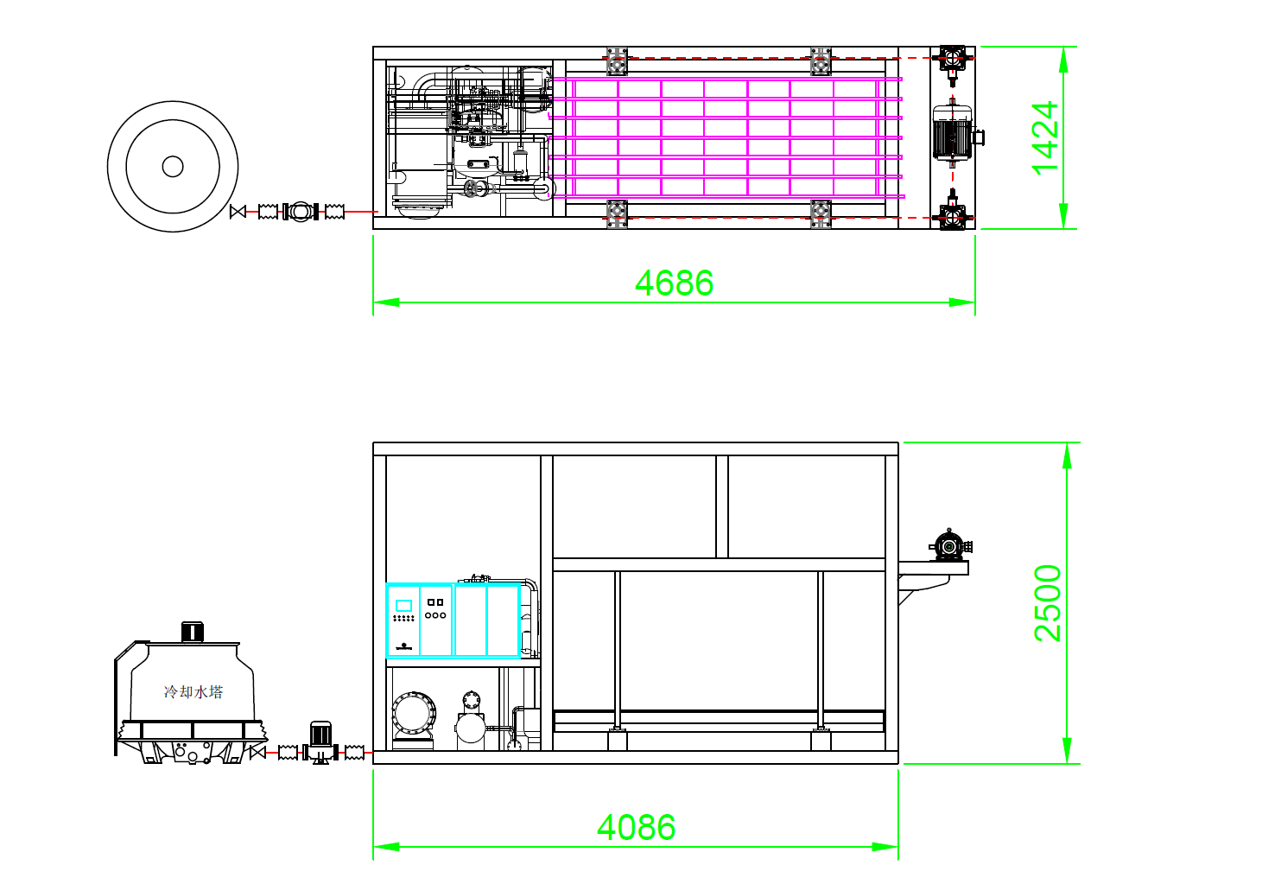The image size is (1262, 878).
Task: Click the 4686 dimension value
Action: click(674, 283)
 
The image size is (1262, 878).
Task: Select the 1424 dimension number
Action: click(1045, 138)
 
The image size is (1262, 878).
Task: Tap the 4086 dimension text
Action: click(636, 827)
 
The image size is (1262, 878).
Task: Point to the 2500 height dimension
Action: click(1047, 602)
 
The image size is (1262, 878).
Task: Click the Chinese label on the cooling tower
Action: click(193, 691)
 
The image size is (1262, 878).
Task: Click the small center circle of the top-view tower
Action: click(173, 166)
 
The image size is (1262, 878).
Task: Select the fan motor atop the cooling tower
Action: click(192, 631)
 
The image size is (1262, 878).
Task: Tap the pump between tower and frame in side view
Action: click(320, 742)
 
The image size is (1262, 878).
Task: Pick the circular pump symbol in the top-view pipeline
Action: click(301, 212)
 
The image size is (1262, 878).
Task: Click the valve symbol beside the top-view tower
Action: click(238, 212)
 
